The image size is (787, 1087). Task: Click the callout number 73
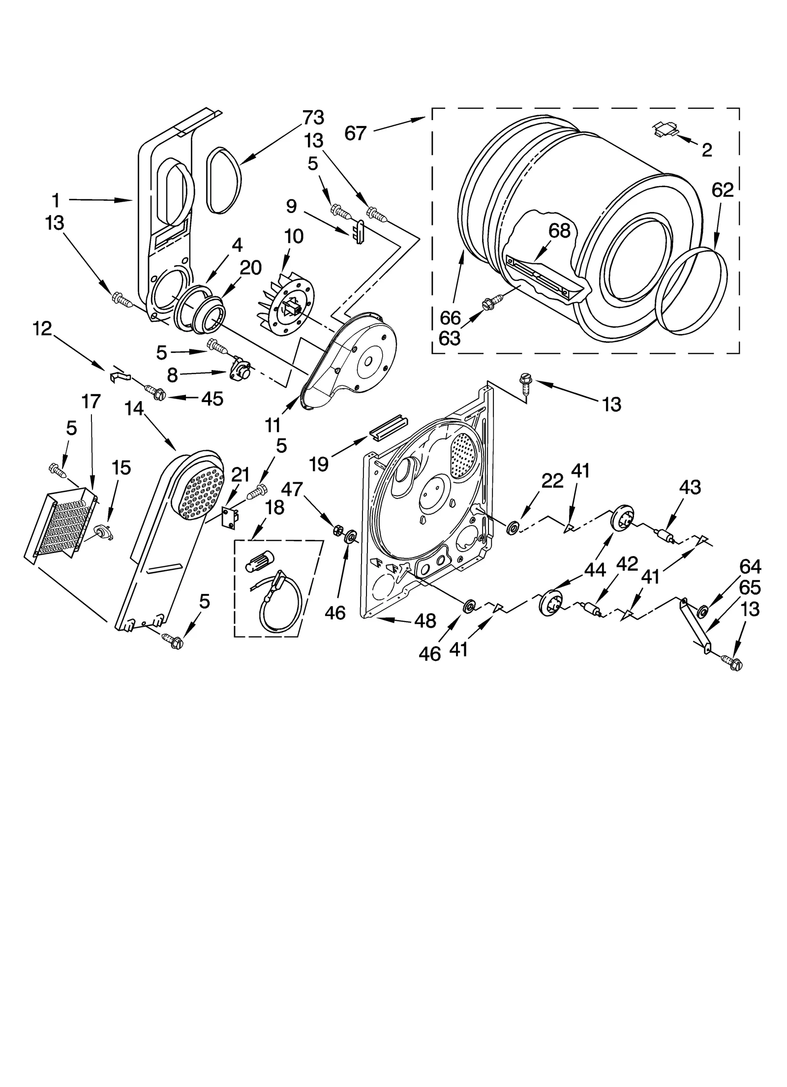tap(313, 118)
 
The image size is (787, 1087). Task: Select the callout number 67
tap(355, 133)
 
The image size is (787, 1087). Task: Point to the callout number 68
tap(559, 230)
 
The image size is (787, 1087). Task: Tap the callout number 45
tap(212, 399)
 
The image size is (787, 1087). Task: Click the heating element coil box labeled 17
tap(60, 523)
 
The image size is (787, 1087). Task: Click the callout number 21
tap(240, 475)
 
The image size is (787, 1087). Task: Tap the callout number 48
tap(425, 621)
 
